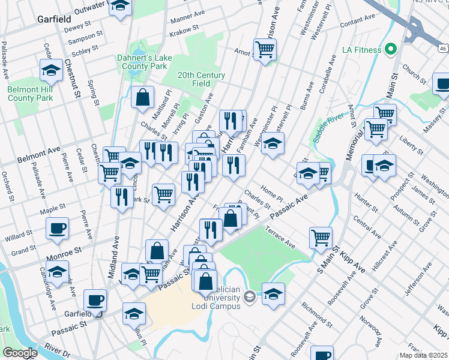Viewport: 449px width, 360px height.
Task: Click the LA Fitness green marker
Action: [391, 49]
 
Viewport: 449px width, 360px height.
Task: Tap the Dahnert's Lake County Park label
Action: [142, 62]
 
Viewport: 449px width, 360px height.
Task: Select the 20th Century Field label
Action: [201, 79]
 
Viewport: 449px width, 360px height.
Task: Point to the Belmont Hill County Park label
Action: [30, 93]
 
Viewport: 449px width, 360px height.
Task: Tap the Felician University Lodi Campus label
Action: [216, 298]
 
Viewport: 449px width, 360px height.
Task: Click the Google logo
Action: [20, 353]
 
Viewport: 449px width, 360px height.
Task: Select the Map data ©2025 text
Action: [424, 355]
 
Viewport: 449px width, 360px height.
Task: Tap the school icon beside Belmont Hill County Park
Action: [51, 71]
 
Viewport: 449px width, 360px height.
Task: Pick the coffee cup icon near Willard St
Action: [58, 228]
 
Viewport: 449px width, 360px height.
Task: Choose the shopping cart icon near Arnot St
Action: [264, 49]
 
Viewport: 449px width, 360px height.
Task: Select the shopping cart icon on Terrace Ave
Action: [321, 238]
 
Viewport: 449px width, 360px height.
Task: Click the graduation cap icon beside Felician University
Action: [273, 294]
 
